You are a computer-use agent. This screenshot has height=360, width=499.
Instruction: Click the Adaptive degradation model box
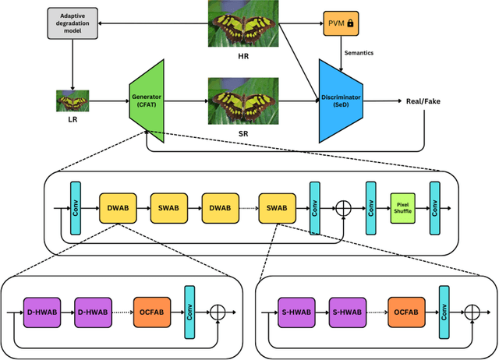pos(72,24)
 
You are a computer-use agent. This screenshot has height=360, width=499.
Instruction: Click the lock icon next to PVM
pos(350,24)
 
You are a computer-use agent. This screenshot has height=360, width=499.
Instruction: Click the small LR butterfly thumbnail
pos(72,101)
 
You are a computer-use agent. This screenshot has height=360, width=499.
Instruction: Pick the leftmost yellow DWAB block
pos(117,209)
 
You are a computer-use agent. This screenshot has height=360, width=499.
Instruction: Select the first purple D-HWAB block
pos(41,312)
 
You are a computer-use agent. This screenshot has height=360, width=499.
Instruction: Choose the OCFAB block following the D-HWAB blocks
pos(150,312)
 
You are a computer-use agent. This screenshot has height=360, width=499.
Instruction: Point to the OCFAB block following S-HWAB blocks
pos(405,312)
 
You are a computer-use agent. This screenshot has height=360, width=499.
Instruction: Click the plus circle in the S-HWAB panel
pos(471,312)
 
